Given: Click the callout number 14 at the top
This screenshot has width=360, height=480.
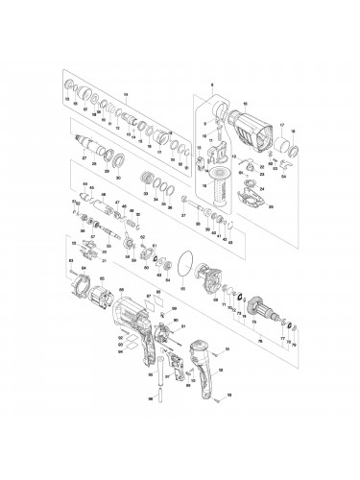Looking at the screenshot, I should pyautogui.click(x=125, y=92).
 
